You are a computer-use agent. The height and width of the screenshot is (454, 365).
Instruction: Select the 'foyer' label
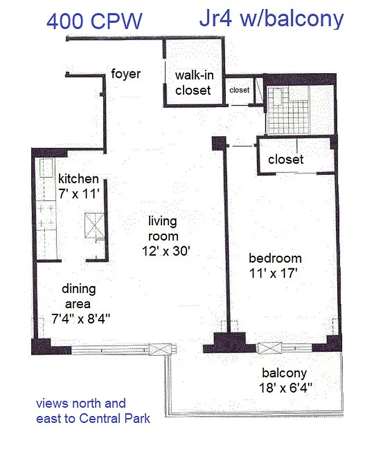(126, 74)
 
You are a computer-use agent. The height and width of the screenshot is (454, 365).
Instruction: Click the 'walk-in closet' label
(193, 82)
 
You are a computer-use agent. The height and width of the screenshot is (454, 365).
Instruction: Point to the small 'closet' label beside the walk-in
(239, 90)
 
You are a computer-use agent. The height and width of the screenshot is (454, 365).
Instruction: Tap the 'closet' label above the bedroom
(285, 159)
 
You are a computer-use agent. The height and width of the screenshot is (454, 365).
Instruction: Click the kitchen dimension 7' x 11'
(78, 193)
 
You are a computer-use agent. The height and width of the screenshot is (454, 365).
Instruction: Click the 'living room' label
(163, 228)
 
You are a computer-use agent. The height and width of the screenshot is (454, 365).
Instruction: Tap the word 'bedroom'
(275, 258)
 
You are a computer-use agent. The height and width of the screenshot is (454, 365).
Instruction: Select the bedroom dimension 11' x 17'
(273, 273)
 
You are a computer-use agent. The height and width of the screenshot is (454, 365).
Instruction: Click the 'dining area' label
(79, 296)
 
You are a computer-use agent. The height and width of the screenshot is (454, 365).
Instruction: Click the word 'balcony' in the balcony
(284, 373)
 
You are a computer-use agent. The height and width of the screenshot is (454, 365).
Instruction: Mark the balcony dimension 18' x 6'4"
(284, 389)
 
